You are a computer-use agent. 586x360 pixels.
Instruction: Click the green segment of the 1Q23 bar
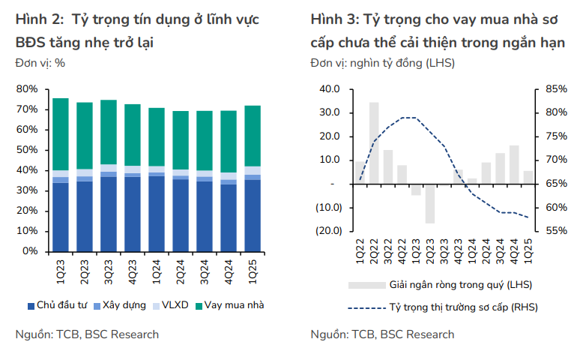[x=61, y=134]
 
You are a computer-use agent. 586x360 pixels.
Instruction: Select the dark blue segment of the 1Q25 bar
[x=253, y=215]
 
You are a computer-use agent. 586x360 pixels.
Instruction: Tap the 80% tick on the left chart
[x=27, y=89]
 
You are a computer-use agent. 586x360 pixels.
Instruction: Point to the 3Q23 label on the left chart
[x=109, y=271]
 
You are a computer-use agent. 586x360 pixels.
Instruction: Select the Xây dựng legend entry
[x=122, y=305]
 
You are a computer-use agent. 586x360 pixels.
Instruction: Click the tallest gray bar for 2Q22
[x=374, y=142]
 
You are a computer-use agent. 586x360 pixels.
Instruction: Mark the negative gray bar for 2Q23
[x=430, y=203]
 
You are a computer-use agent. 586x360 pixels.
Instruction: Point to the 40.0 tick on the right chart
[x=330, y=89]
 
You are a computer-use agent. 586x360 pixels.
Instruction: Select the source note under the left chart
[x=87, y=334]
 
